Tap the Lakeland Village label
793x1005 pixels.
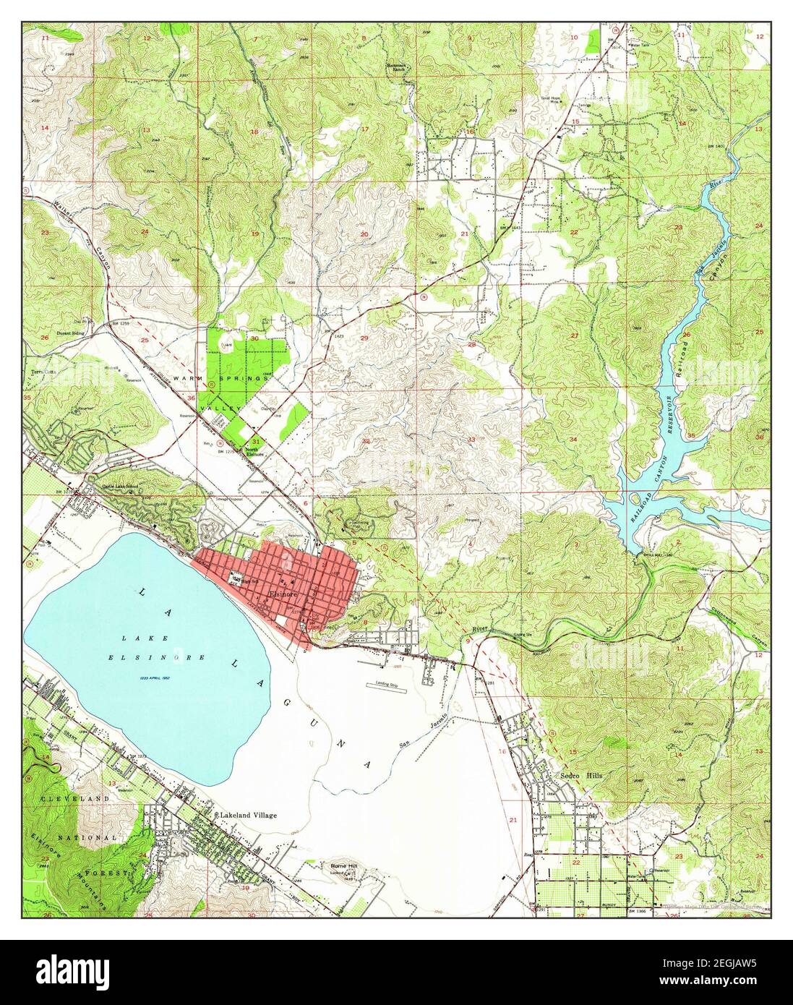(x=247, y=814)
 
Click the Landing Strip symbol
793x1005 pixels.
(x=390, y=683)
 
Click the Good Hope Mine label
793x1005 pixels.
(x=552, y=100)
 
